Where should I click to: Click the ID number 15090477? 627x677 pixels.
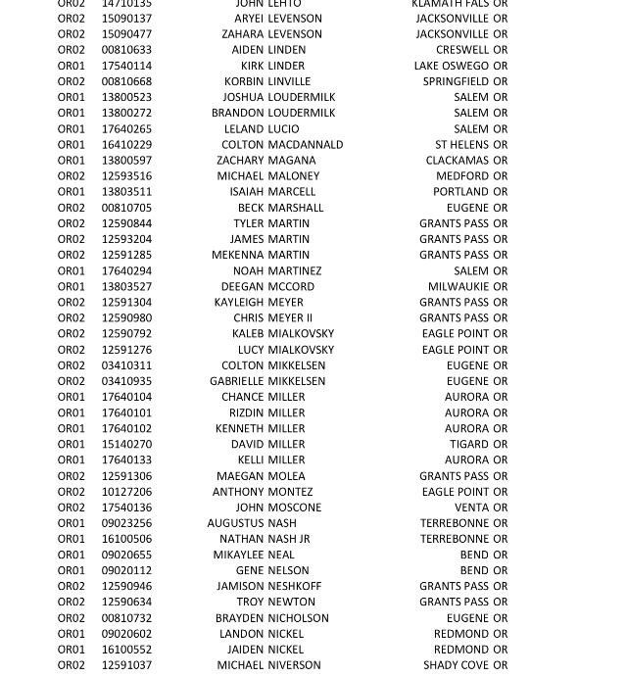[x=126, y=34]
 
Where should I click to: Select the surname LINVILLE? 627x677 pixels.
[x=289, y=81]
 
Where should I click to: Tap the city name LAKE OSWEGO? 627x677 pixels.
[x=451, y=66]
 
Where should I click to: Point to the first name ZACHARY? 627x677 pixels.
[x=240, y=160]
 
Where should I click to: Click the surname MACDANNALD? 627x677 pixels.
[x=306, y=144]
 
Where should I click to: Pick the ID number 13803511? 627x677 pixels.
[x=126, y=192]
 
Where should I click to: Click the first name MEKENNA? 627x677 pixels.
[x=238, y=255]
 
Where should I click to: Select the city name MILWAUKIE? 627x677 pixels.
[x=458, y=286]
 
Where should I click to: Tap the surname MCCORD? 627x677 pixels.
[x=291, y=286]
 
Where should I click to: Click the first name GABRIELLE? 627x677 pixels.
[x=236, y=381]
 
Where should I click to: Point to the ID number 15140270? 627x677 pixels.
[x=126, y=444]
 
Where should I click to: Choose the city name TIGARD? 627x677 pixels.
[x=469, y=444]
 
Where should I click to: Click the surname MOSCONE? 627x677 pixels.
[x=295, y=508]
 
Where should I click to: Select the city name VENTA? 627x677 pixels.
[x=471, y=508]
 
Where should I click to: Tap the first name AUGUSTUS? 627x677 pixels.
[x=235, y=523]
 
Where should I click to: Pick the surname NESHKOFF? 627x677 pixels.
[x=295, y=586]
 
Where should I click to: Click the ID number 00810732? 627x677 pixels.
[x=126, y=618]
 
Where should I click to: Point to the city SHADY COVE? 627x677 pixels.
[x=456, y=665]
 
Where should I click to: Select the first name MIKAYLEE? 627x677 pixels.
[x=238, y=555]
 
